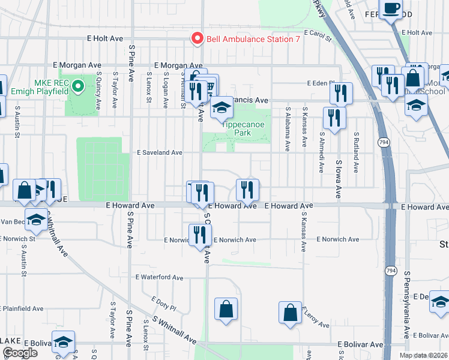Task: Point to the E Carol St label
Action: pos(318,36)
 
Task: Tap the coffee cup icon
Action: pos(392,9)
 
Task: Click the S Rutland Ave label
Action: pos(356,150)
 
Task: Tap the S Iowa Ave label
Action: pos(339,179)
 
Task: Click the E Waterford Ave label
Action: pos(159,278)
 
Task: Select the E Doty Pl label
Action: pos(163,306)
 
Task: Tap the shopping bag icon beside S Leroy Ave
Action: pos(290,313)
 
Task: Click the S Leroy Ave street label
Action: pos(319,316)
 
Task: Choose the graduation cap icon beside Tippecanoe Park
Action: pos(221,108)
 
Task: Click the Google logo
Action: pos(20,353)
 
